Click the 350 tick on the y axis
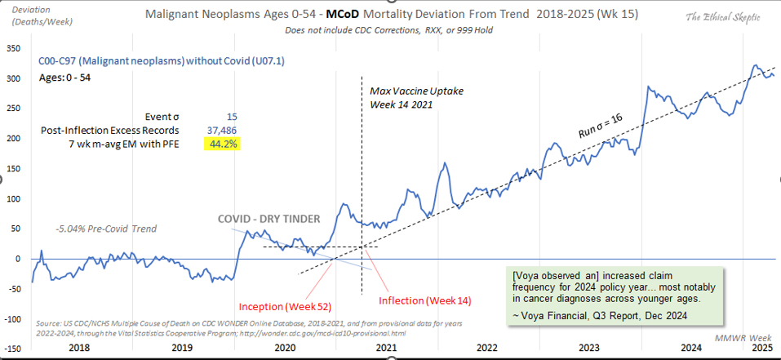(x=13, y=48)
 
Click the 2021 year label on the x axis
(x=386, y=347)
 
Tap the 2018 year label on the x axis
(x=81, y=347)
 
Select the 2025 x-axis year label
(x=761, y=347)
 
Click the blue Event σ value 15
(x=233, y=117)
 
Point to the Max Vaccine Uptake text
(x=416, y=91)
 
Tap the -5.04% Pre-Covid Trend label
(x=106, y=229)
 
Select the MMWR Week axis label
(x=747, y=336)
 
